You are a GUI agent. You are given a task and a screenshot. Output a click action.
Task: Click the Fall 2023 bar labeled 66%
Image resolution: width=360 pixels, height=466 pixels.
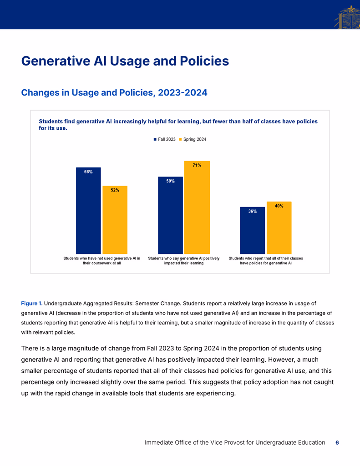88,210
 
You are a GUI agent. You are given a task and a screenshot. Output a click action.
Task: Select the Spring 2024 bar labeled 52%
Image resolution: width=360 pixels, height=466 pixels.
115,220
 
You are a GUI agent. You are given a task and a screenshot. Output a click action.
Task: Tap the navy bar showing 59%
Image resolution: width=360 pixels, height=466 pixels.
170,215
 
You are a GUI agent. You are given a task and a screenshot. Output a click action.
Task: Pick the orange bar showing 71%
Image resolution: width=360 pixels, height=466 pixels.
197,208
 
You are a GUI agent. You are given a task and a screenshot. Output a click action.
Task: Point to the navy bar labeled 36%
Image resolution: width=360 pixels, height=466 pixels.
253,230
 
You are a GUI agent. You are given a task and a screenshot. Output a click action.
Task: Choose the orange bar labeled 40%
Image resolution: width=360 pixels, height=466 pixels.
279,228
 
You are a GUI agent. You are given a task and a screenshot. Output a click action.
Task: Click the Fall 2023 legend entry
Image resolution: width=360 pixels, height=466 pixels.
164,139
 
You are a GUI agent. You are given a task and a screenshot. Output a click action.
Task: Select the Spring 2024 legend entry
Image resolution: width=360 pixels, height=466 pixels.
193,139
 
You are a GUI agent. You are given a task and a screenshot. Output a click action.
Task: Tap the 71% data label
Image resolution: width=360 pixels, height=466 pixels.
197,165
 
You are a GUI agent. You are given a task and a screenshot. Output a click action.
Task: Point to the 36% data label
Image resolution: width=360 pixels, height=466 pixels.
253,211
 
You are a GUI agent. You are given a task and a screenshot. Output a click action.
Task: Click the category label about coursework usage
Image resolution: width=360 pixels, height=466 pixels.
101,261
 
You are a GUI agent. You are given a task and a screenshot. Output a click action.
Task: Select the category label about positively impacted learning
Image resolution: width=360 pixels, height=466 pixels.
184,261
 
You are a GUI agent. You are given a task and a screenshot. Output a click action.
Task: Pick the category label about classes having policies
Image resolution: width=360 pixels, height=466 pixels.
266,261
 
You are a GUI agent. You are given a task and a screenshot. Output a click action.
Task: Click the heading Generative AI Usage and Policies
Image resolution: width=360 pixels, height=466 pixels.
125,61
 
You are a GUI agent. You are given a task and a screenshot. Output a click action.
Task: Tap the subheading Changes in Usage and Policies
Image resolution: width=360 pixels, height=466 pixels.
114,92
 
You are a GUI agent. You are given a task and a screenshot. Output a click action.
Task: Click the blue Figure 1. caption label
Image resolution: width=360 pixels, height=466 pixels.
32,304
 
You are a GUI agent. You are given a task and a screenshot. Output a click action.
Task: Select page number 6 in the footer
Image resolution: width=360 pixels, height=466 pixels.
337,442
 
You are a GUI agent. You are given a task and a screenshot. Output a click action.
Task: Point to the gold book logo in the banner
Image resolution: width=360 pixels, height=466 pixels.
348,17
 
